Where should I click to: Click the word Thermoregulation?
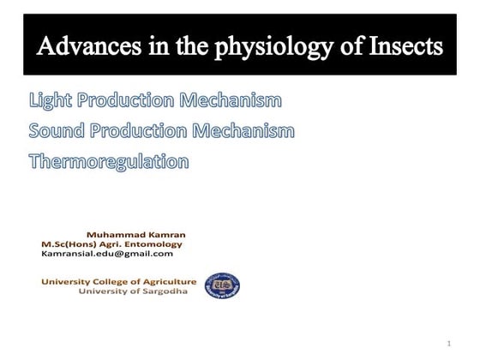pyautogui.click(x=109, y=160)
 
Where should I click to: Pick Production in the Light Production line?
pyautogui.click(x=128, y=101)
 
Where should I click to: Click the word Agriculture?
pyautogui.click(x=166, y=281)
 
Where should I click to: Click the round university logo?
pyautogui.click(x=222, y=285)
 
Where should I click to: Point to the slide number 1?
pyautogui.click(x=447, y=344)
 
